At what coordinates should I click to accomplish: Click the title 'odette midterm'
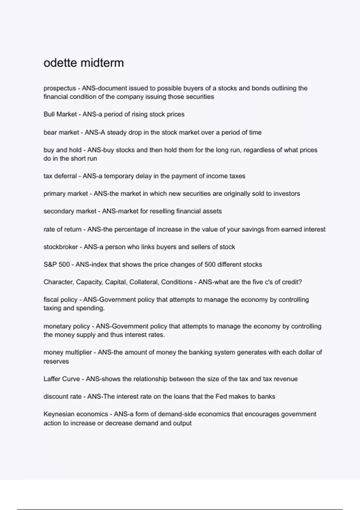pyautogui.click(x=83, y=63)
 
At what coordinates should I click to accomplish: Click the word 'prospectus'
pyautogui.click(x=60, y=88)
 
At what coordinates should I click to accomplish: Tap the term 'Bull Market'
pyautogui.click(x=60, y=114)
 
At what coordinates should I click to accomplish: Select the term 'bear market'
pyautogui.click(x=61, y=132)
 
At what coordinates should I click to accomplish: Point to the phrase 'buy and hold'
pyautogui.click(x=62, y=150)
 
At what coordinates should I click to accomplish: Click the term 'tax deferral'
pyautogui.click(x=60, y=176)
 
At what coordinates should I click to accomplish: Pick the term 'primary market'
pyautogui.click(x=66, y=194)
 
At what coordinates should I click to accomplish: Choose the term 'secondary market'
pyautogui.click(x=70, y=211)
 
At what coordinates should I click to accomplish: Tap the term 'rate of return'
pyautogui.click(x=62, y=229)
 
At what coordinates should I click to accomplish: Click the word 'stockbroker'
pyautogui.click(x=61, y=247)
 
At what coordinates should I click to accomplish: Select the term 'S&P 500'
pyautogui.click(x=56, y=265)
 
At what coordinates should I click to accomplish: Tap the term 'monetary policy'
pyautogui.click(x=67, y=326)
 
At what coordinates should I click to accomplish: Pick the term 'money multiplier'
pyautogui.click(x=67, y=352)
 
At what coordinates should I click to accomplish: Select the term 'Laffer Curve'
pyautogui.click(x=61, y=379)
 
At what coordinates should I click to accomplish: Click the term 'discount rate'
pyautogui.click(x=62, y=397)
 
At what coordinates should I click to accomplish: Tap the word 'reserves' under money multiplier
pyautogui.click(x=56, y=361)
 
